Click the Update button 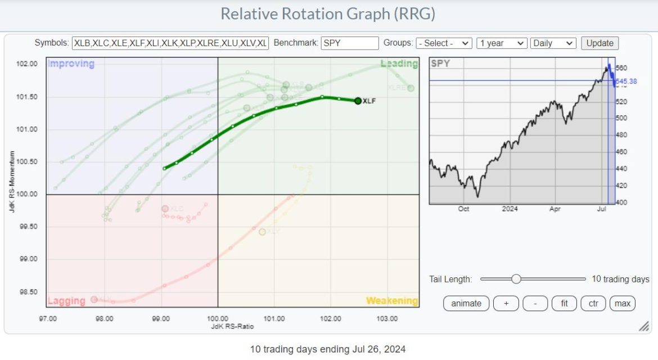(600, 43)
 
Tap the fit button (564, 303)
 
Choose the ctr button (593, 303)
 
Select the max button (622, 303)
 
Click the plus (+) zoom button (506, 303)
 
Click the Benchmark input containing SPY (350, 43)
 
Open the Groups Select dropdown (444, 43)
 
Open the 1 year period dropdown (501, 43)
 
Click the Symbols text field (170, 43)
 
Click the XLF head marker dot (358, 101)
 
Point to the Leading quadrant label (399, 64)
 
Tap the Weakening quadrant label (392, 301)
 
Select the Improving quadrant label (71, 64)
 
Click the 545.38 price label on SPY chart (625, 82)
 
